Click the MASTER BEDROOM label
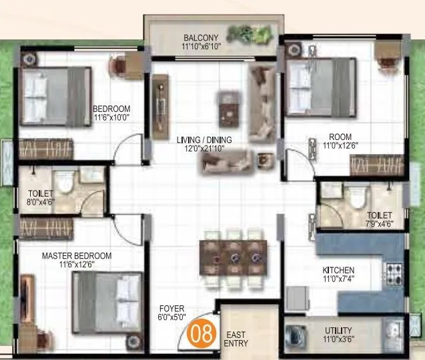tap(77, 255)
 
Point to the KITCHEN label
tap(338, 270)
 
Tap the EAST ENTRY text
tap(237, 339)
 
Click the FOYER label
tap(171, 309)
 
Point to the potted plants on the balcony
tap(250, 33)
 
